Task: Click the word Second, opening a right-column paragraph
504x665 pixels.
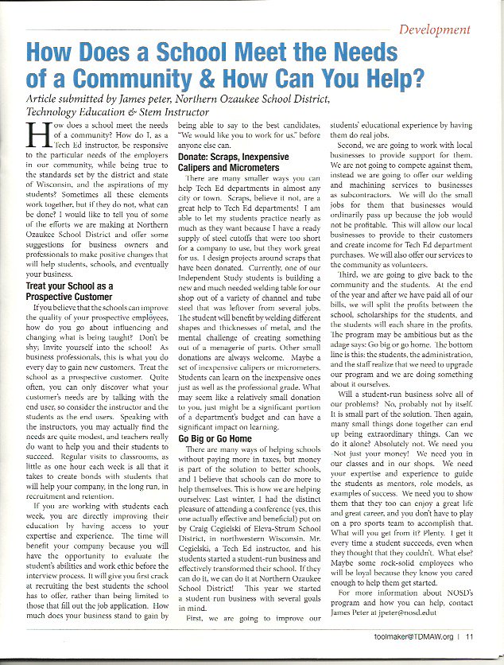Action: pyautogui.click(x=355, y=146)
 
